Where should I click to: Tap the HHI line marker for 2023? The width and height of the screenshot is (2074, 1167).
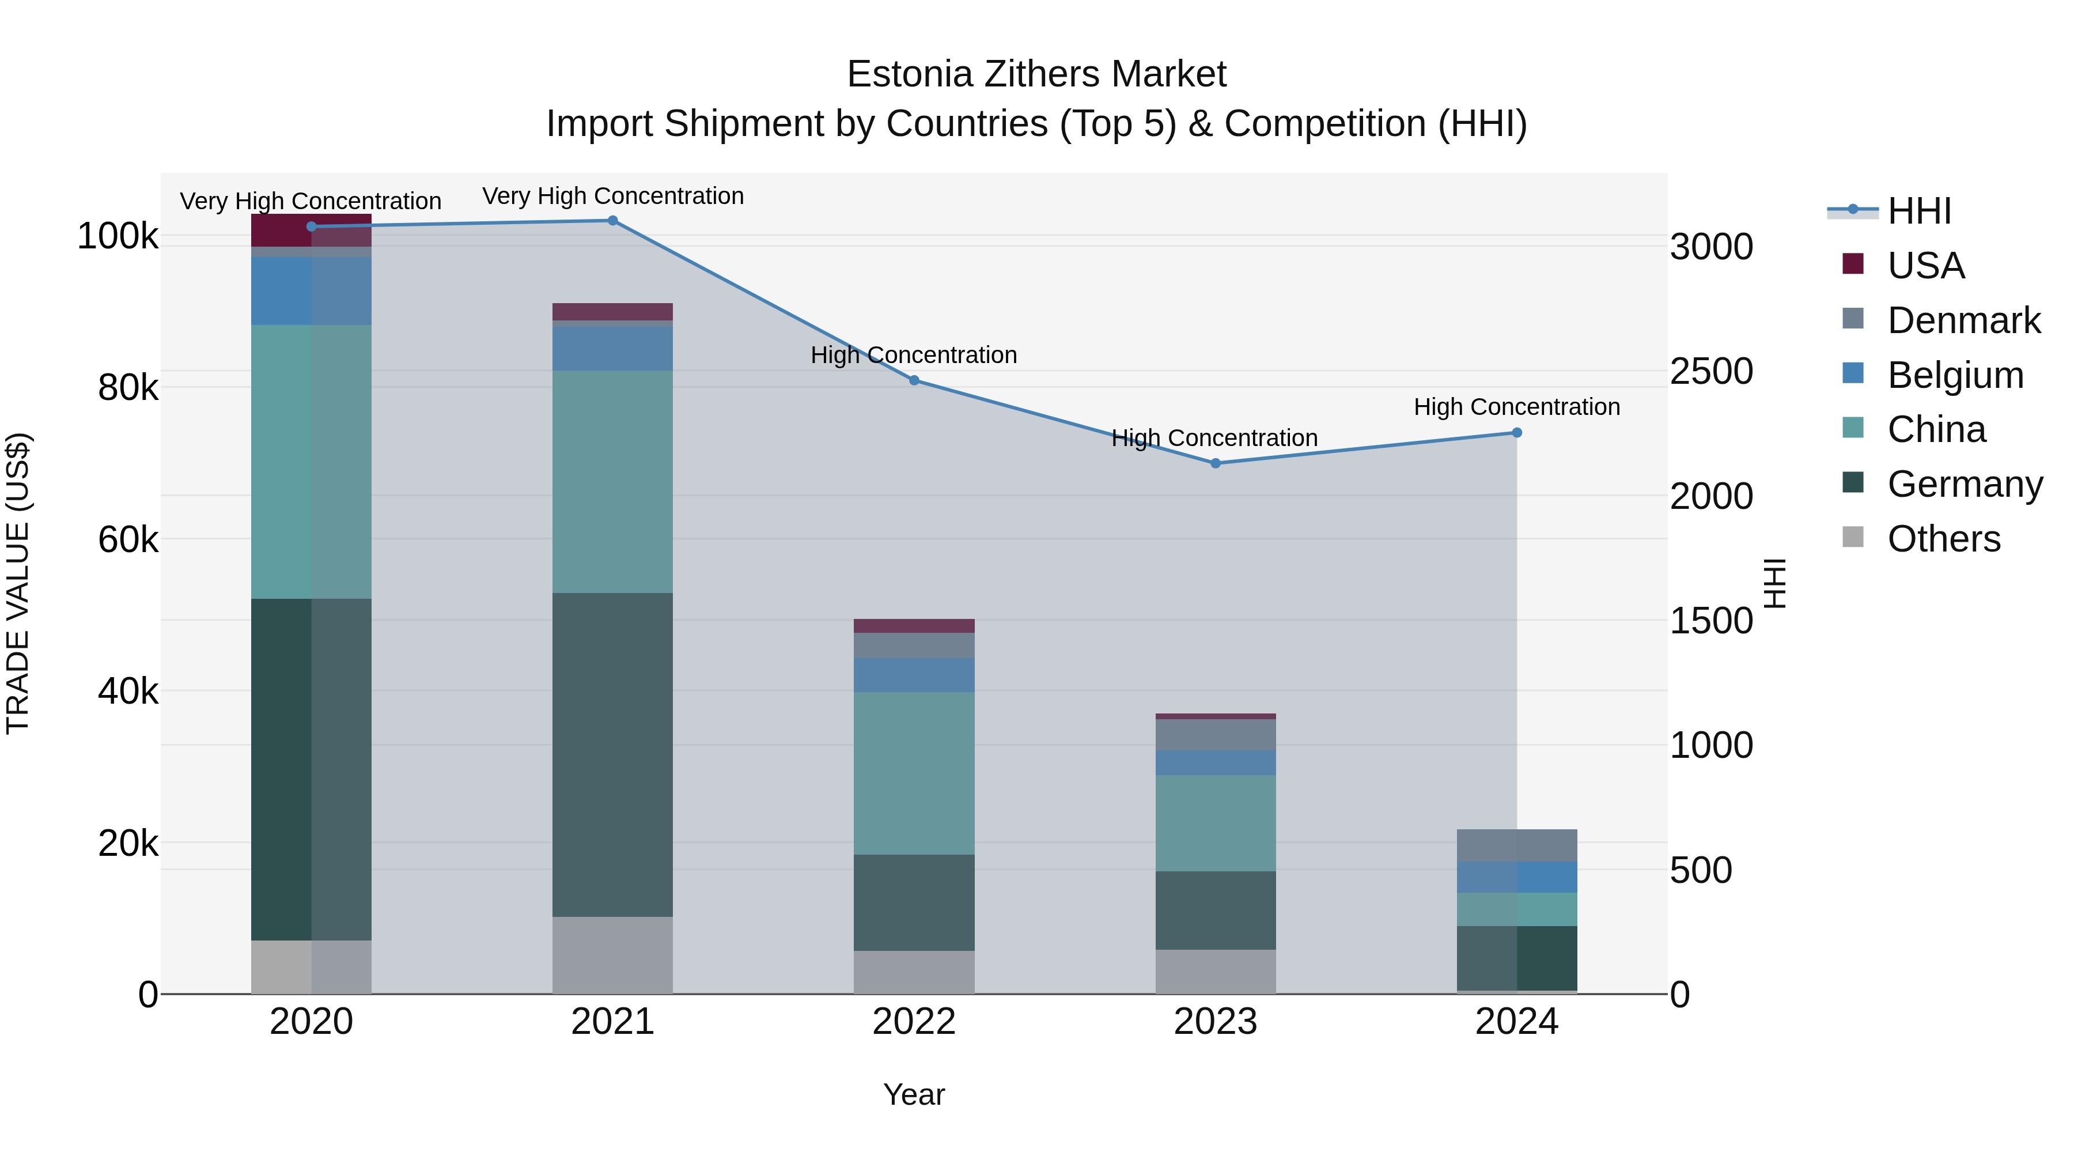click(1215, 463)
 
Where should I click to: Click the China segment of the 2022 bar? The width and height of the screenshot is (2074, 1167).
click(914, 773)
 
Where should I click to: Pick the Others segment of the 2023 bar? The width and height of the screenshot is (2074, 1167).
click(1215, 971)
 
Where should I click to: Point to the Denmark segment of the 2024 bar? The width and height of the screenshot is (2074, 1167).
click(1516, 845)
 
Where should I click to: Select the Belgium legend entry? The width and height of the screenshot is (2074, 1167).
click(1954, 375)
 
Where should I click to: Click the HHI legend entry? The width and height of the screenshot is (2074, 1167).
click(1918, 211)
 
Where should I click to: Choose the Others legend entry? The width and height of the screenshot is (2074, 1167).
click(1943, 539)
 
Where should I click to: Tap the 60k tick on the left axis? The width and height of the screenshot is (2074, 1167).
click(128, 539)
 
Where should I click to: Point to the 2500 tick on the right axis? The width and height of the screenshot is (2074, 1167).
click(1711, 371)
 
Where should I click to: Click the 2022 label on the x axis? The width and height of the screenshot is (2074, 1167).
click(914, 1021)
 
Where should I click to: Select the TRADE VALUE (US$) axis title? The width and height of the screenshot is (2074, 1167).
click(18, 583)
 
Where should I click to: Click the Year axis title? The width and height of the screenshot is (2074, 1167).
click(914, 1094)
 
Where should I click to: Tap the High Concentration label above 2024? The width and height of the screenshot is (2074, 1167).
click(1516, 407)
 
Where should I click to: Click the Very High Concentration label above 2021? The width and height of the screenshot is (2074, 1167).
click(613, 196)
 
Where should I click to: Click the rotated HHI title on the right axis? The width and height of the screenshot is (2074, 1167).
click(1774, 583)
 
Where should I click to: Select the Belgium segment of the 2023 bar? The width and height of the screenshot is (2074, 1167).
click(1215, 762)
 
